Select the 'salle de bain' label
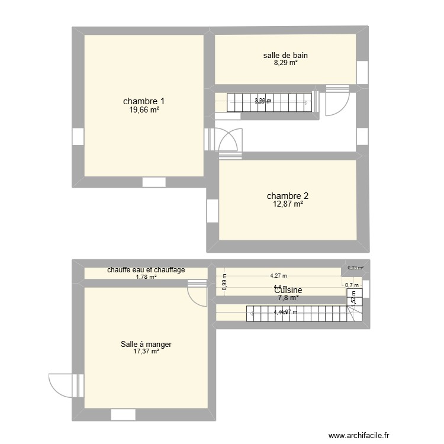pos(285,56)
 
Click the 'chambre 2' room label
pos(288,196)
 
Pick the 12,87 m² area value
pos(288,204)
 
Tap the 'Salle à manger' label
pos(146,344)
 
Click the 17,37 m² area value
pos(146,352)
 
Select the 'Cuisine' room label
pos(288,290)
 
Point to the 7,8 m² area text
pos(288,298)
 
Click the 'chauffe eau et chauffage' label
pos(146,270)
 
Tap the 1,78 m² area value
pos(146,276)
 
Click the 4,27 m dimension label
pos(278,275)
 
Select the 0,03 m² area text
pos(355,268)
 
